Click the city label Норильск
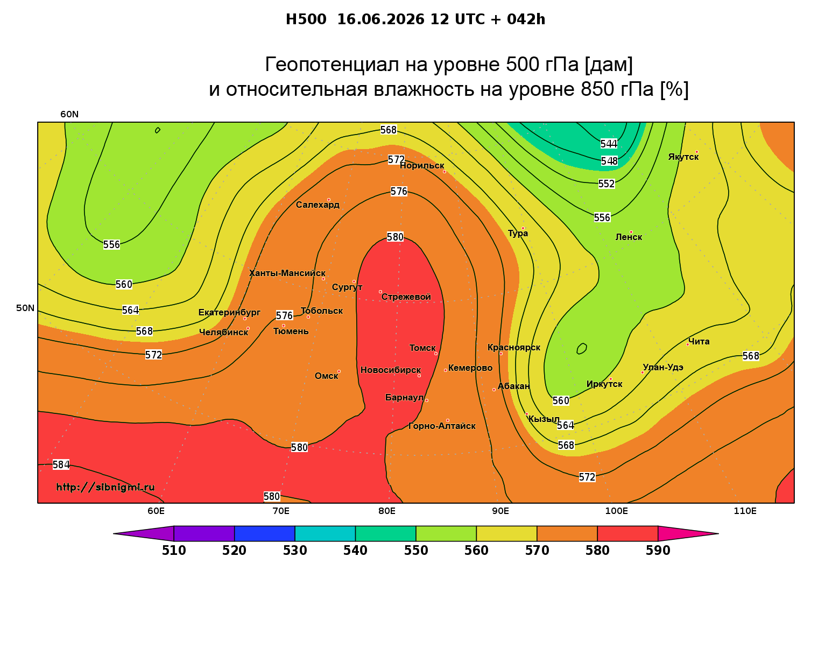tap(422, 166)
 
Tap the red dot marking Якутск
tap(697, 152)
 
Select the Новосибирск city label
tap(391, 370)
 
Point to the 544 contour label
tap(609, 144)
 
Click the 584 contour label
tap(61, 464)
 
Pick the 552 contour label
tap(607, 184)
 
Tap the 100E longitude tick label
tap(616, 511)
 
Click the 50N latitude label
tap(25, 308)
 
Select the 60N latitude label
tap(69, 114)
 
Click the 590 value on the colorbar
tap(658, 551)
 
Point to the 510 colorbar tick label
tap(174, 551)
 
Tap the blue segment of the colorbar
tap(265, 533)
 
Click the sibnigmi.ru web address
tap(105, 487)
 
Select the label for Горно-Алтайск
tap(442, 426)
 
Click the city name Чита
tap(699, 341)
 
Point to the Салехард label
tap(318, 205)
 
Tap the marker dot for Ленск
tap(631, 232)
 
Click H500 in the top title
tap(306, 19)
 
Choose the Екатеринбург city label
tap(229, 313)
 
